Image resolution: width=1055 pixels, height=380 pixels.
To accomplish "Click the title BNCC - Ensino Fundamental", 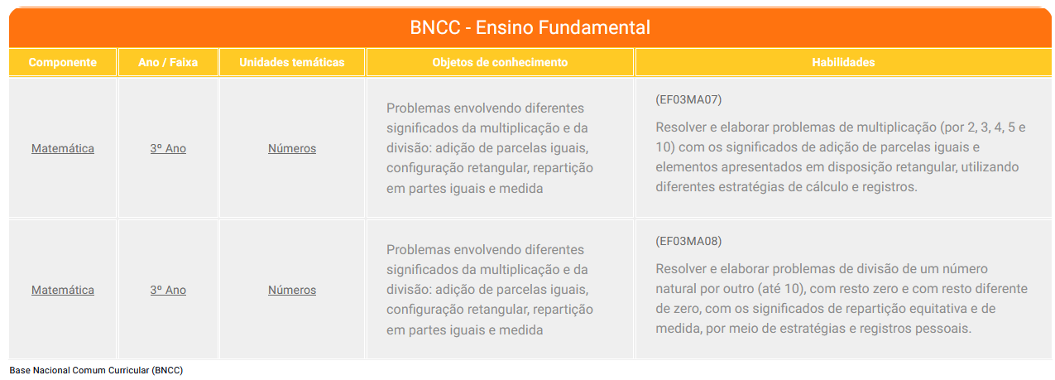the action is coord(530,27).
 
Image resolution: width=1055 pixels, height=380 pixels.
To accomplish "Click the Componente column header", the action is coord(63,62).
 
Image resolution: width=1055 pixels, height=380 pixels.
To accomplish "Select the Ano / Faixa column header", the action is coord(168,62).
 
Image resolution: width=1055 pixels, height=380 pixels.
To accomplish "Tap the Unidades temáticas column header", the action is coord(292,62).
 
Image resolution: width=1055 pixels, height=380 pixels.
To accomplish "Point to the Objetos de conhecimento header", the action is coord(500,62).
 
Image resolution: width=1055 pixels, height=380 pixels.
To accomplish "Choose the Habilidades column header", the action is coord(843,62).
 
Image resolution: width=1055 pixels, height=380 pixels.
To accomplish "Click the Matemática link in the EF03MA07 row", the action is coord(63,148).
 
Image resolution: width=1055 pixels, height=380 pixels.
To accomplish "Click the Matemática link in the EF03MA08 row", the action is coord(63,290).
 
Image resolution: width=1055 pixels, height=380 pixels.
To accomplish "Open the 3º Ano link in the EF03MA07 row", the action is coord(168,148).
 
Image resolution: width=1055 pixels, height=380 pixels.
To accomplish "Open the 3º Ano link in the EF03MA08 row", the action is coord(168,290).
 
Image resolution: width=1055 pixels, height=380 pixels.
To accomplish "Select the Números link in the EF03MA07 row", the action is coord(292,148).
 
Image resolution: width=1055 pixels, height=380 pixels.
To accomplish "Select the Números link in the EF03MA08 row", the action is coord(292,290).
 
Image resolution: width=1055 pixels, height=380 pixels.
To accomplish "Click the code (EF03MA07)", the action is coord(688,99).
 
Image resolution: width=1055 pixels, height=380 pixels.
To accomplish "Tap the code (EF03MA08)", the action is coord(688,241).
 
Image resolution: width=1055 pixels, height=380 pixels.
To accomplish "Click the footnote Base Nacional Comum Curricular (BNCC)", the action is coord(96,370).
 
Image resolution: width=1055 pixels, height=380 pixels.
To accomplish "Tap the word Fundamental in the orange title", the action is coord(594,27).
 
